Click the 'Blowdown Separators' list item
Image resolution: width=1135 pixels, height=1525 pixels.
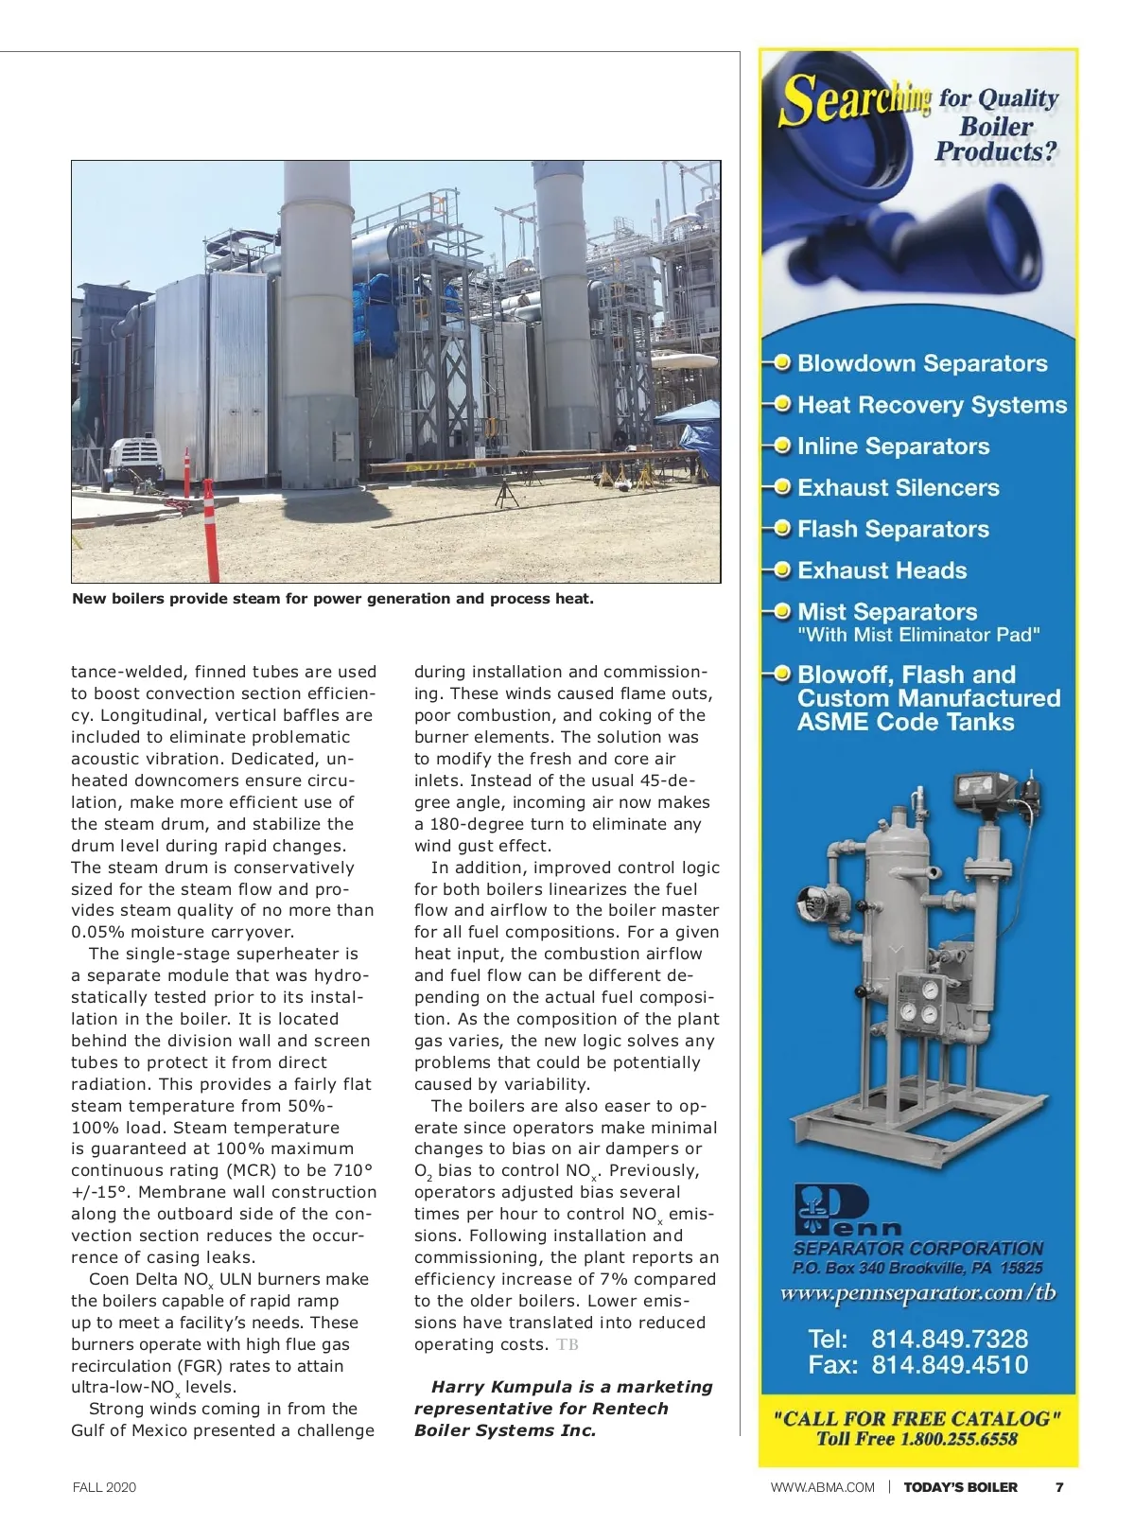click(x=921, y=363)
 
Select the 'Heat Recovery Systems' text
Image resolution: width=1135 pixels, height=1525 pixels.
click(x=932, y=405)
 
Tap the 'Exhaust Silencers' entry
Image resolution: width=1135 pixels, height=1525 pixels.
click(x=898, y=488)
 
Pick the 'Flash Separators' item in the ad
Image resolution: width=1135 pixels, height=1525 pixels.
click(x=893, y=530)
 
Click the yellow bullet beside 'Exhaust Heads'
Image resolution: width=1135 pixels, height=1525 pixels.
click(x=782, y=570)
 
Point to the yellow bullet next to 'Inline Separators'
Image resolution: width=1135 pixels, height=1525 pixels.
click(x=782, y=446)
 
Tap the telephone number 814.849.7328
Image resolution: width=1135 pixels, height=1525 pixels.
click(x=949, y=1340)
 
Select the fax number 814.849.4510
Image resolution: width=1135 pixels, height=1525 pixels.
click(x=949, y=1365)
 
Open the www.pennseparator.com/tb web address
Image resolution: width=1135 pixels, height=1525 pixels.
click(x=917, y=1293)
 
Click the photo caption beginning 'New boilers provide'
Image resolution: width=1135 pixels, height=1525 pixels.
click(x=333, y=599)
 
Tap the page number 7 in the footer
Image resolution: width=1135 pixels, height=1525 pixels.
click(x=1059, y=1487)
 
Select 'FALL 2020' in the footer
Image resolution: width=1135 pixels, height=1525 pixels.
click(x=104, y=1487)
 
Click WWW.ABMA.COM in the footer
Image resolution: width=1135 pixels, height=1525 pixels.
click(x=822, y=1487)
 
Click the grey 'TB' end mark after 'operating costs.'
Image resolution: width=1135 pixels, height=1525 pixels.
click(x=567, y=1345)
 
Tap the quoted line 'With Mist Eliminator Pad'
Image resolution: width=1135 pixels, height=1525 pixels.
click(x=917, y=636)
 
